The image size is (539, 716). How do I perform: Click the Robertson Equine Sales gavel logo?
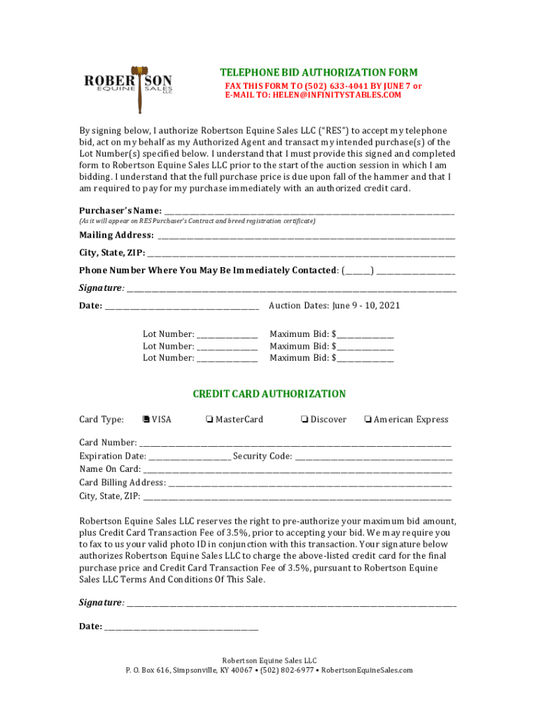coord(128,88)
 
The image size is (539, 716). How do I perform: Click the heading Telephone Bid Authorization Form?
coord(318,73)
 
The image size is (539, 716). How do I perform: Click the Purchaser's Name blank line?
coord(309,212)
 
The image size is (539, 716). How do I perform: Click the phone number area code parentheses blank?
coord(357,271)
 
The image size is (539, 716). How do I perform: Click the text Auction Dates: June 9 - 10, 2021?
coord(335,306)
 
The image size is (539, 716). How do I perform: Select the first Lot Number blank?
coord(227,335)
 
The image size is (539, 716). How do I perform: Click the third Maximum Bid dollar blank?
coord(365,359)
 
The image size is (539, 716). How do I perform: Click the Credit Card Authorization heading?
coord(269,394)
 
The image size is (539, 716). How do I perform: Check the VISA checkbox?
coord(146,420)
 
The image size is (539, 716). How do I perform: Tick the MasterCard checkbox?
coord(209,420)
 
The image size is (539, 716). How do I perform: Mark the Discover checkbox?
coord(304,420)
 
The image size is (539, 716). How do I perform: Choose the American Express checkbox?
coord(367,420)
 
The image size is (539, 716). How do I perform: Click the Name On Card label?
coord(110,469)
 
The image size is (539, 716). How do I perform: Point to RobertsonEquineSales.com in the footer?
coord(367,671)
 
